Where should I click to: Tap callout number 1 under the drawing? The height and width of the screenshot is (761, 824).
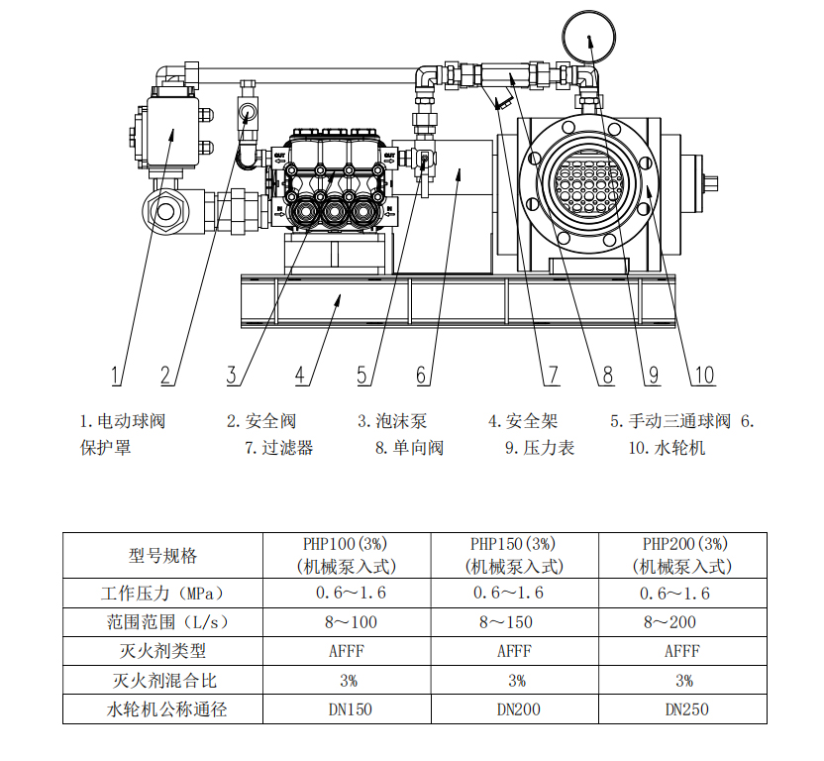117,375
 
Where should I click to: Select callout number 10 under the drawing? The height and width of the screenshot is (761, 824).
703,375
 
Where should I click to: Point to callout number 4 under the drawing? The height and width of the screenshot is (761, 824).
299,375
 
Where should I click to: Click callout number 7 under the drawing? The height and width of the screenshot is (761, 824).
552,375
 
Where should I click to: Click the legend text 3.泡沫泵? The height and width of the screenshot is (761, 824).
392,421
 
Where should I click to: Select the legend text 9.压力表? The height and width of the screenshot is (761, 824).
539,448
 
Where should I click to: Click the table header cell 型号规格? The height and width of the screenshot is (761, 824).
162,555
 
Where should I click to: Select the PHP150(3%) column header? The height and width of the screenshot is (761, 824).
514,555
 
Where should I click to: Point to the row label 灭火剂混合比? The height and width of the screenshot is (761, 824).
162,681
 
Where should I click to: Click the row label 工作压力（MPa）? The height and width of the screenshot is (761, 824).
162,594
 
